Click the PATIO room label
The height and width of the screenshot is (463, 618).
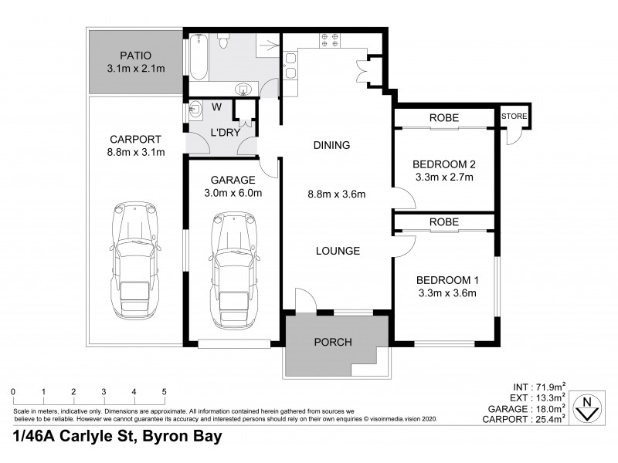134,56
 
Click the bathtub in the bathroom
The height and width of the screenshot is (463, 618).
196,57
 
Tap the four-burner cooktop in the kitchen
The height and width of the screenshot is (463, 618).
331,40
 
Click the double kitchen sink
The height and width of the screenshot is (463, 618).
293,65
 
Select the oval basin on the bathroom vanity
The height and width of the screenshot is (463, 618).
245,87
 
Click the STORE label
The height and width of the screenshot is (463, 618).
514,117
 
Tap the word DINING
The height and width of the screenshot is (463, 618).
332,145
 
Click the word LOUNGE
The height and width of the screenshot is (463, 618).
338,251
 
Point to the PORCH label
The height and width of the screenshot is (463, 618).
333,342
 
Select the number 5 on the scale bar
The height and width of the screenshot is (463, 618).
164,391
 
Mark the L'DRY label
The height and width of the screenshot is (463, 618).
226,133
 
